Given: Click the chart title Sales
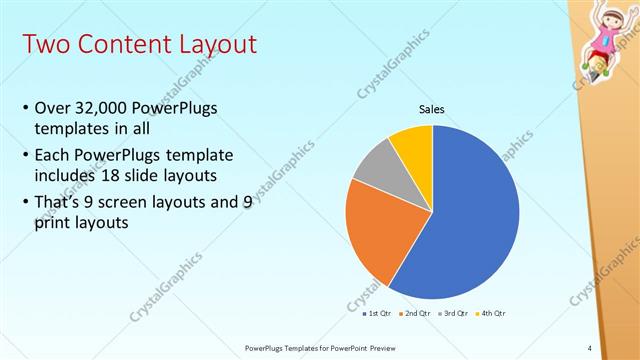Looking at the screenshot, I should click(431, 110).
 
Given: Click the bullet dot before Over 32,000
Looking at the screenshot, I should click(25, 108).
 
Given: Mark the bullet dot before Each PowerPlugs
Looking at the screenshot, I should click(25, 156).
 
